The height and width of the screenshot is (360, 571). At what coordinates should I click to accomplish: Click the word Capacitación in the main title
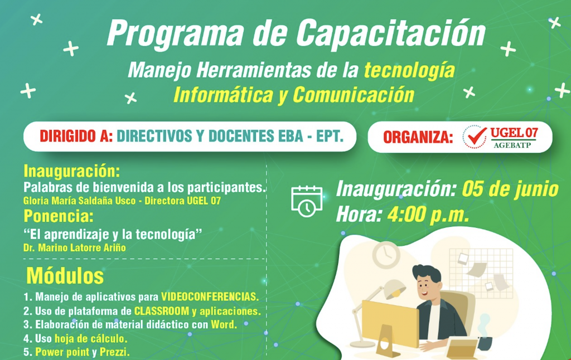[x=391, y=33]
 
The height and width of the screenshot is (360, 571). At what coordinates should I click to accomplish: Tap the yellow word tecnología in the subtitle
[x=410, y=70]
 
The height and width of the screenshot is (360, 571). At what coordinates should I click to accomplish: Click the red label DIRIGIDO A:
[x=76, y=136]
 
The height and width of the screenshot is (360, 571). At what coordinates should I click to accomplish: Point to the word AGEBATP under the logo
[x=512, y=145]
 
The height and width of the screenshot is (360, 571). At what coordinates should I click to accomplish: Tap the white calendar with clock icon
[x=307, y=201]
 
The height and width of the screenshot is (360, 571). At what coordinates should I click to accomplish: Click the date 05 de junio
[x=510, y=189]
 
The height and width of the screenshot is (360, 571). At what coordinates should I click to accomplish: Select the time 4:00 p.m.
[x=428, y=215]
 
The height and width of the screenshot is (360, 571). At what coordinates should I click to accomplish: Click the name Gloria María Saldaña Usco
[x=79, y=201]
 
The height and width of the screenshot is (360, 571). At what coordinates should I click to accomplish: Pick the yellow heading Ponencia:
[x=59, y=216]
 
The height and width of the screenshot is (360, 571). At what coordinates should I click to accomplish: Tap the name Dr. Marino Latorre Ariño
[x=75, y=248]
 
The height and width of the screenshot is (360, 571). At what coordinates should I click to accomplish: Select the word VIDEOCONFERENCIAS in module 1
[x=210, y=296]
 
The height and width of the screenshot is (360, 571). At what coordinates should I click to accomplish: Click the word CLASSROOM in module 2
[x=162, y=311]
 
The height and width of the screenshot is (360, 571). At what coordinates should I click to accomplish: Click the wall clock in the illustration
[x=386, y=255]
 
